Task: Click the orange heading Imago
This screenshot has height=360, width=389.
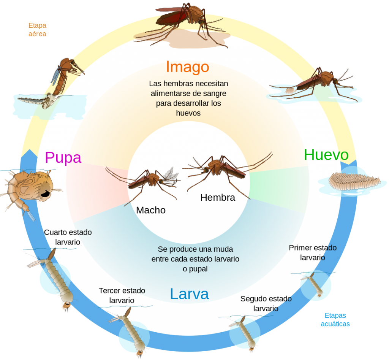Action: click(x=188, y=67)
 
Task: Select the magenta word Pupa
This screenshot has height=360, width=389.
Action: click(x=63, y=158)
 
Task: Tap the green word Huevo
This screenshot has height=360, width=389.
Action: click(x=326, y=155)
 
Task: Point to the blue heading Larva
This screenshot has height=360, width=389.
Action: click(x=190, y=294)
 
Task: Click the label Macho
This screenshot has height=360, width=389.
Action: click(x=151, y=210)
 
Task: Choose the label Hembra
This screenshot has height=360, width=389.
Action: click(x=218, y=197)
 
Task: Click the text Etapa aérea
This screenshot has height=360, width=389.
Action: click(x=37, y=30)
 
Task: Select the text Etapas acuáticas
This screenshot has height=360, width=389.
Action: click(x=335, y=320)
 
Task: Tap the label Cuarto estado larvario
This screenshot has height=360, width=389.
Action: click(x=68, y=237)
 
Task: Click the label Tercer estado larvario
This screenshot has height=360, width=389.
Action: click(x=122, y=295)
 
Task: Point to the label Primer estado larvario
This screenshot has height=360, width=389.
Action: click(x=313, y=252)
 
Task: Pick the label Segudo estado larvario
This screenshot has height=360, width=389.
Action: click(x=266, y=303)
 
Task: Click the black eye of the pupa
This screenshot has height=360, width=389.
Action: click(x=45, y=193)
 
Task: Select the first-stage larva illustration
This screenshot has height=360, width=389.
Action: click(x=314, y=284)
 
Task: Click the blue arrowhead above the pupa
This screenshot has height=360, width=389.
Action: click(x=30, y=154)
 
